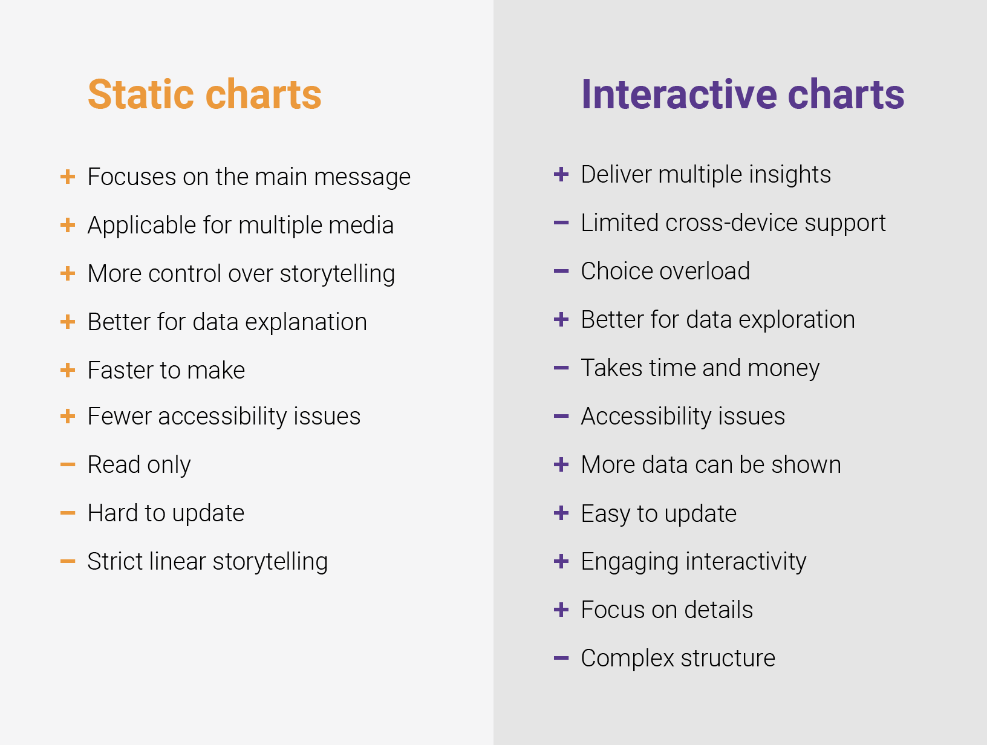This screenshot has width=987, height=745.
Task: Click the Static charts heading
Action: pos(204,94)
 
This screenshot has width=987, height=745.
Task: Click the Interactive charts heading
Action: pos(742,94)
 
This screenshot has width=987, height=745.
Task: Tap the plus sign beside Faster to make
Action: pos(68,370)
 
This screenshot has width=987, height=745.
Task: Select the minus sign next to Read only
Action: pos(68,465)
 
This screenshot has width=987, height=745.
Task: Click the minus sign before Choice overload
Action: pos(561,272)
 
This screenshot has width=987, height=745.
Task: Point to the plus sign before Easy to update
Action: pos(561,513)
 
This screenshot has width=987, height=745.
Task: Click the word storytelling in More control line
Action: pos(337,274)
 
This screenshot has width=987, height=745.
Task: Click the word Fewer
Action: pos(119,417)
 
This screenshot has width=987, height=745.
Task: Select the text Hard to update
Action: pos(166,513)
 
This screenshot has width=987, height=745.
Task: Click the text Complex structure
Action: pos(677,659)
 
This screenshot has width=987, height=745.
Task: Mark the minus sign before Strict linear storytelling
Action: pos(68,562)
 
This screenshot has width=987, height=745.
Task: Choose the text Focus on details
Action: pos(666,610)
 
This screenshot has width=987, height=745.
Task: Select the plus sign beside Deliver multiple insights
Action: pos(561,175)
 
